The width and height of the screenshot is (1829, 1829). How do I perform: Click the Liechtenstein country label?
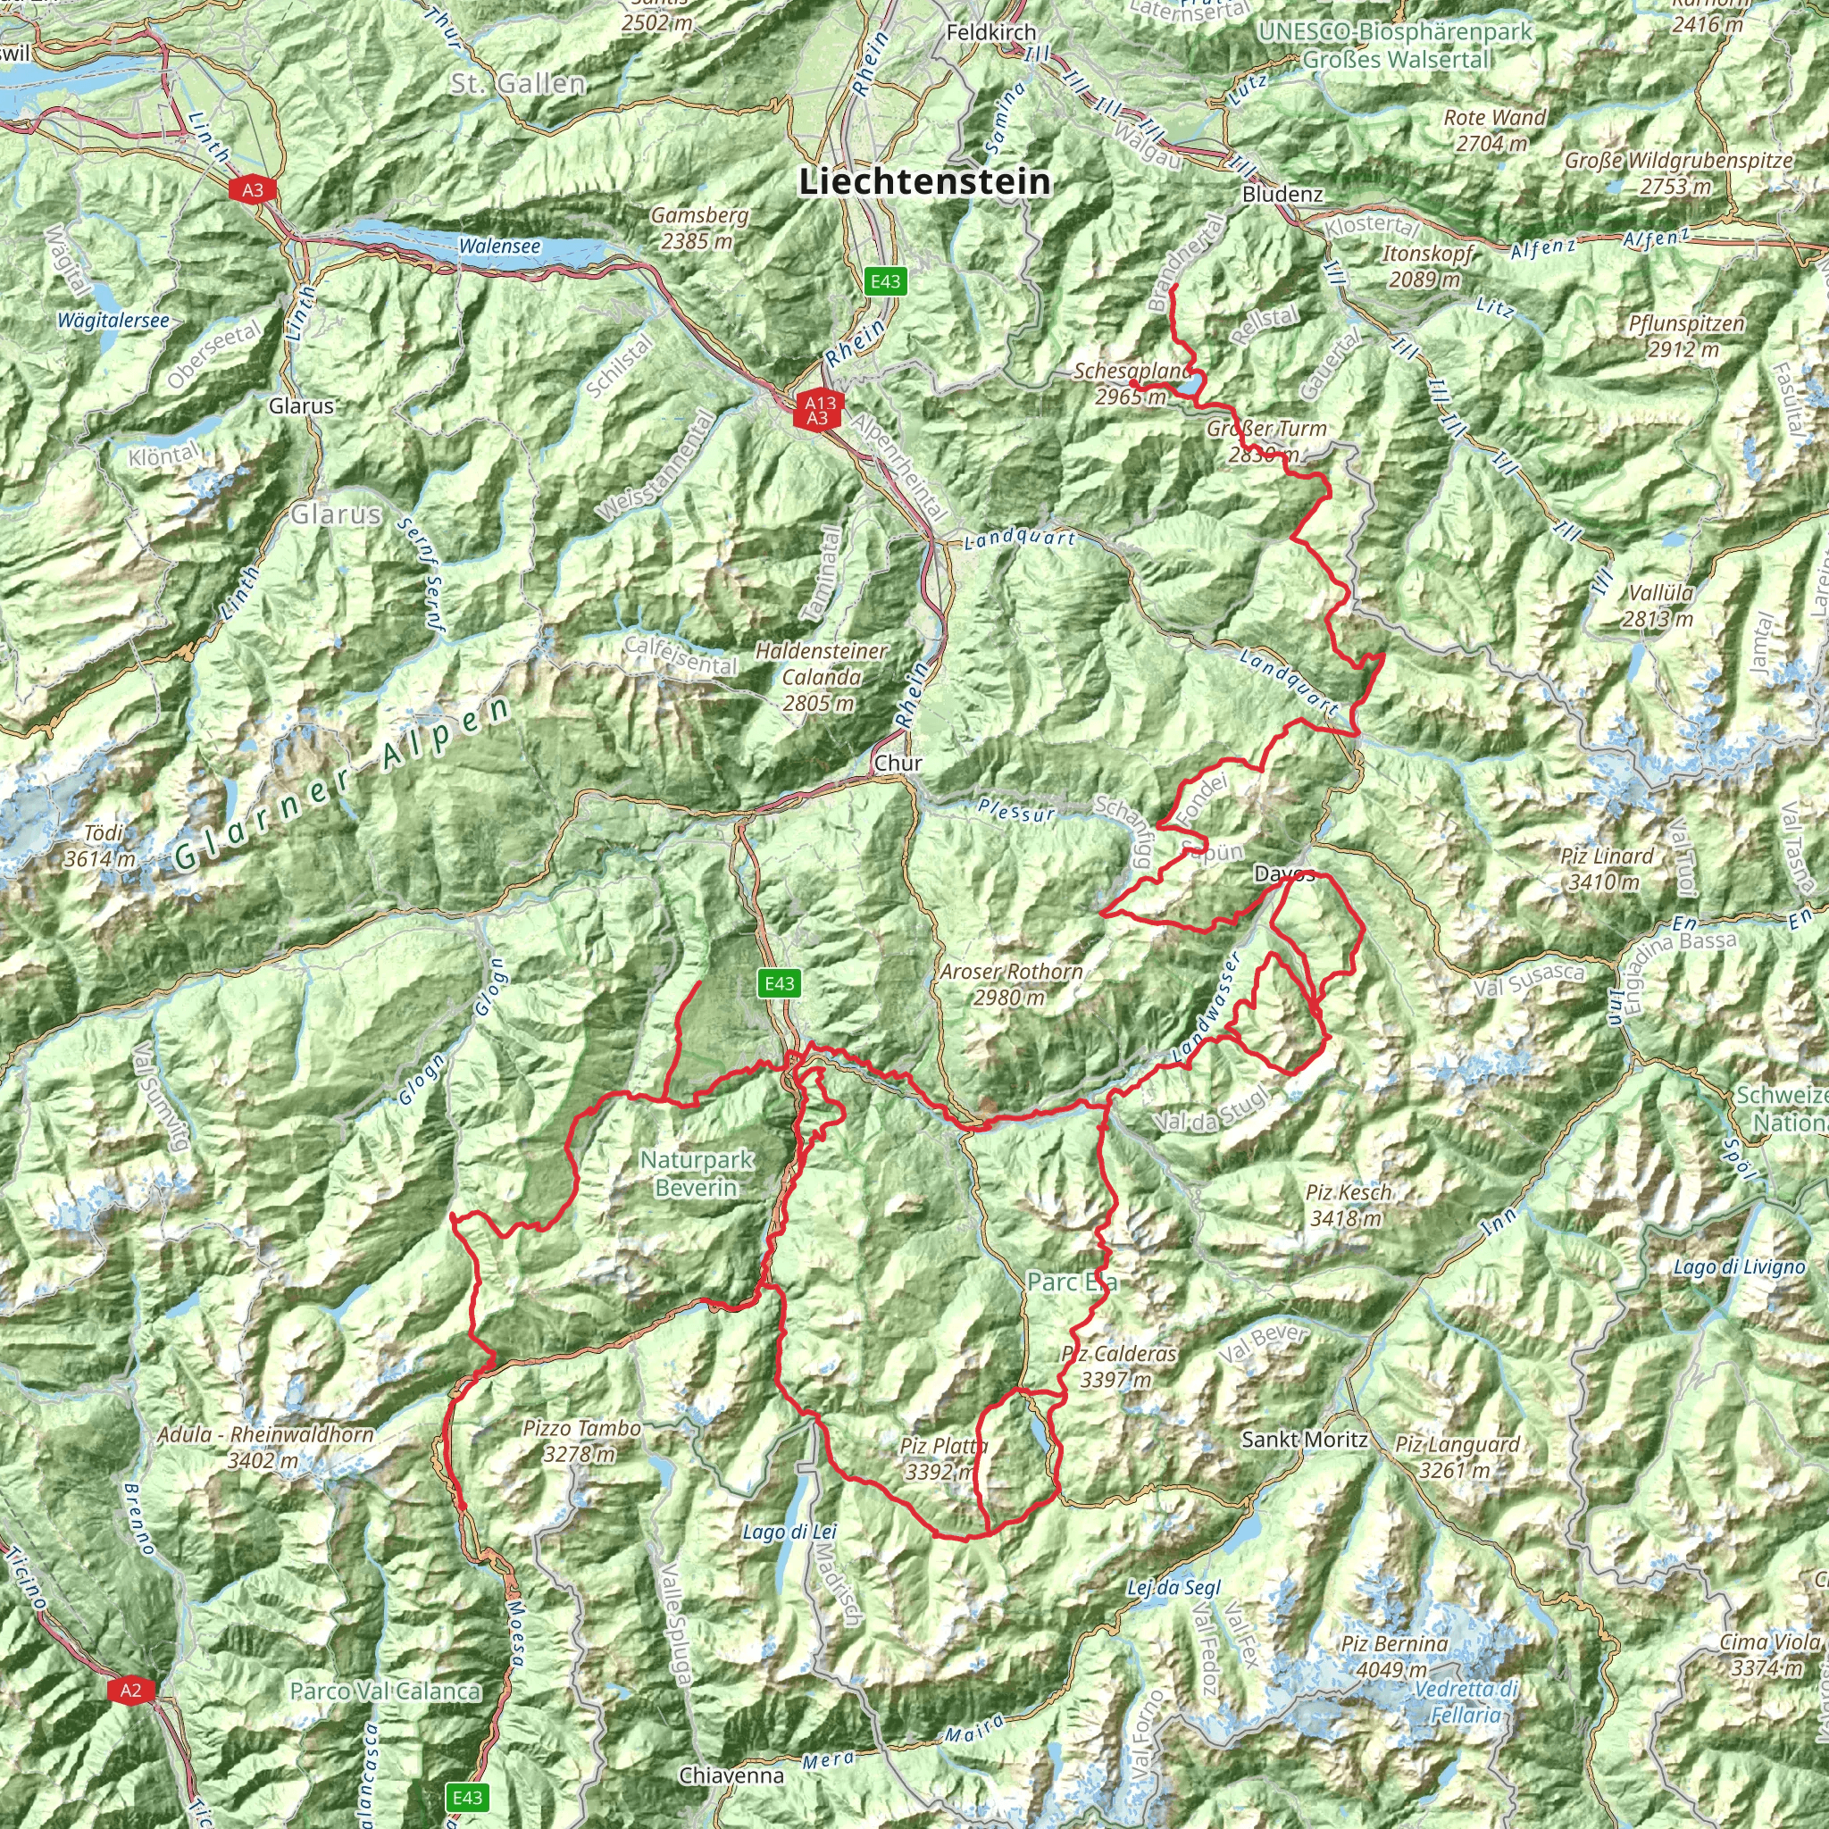(x=925, y=180)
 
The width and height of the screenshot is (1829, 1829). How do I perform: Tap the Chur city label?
(x=898, y=762)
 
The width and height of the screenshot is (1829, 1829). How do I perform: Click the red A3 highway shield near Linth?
(x=253, y=190)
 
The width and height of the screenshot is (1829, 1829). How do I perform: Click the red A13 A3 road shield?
(x=818, y=410)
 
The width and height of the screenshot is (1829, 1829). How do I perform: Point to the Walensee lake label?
(x=500, y=246)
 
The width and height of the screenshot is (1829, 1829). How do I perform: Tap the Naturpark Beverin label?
(x=696, y=1173)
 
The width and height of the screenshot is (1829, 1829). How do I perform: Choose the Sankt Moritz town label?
(x=1305, y=1439)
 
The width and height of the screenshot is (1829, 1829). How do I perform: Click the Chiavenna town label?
(x=731, y=1775)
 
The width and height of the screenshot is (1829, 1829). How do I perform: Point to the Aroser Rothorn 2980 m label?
(x=1010, y=983)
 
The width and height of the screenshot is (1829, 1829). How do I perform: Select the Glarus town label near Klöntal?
(x=301, y=405)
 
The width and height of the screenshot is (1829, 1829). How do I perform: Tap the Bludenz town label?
(x=1282, y=193)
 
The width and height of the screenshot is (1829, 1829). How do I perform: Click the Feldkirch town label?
(x=991, y=32)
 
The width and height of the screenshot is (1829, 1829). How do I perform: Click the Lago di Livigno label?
(x=1738, y=1266)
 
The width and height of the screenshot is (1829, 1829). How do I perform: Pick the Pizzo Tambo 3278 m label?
(x=581, y=1440)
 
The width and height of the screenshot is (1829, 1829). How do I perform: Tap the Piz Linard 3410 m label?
(x=1607, y=868)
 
